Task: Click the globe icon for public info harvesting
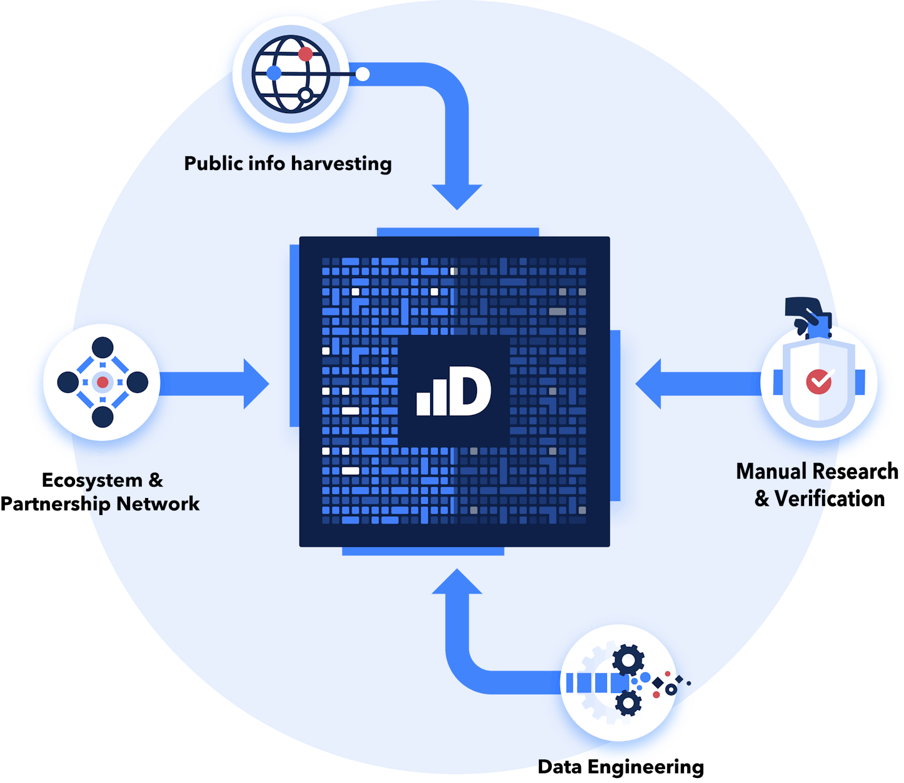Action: [291, 74]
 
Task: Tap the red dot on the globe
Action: [305, 54]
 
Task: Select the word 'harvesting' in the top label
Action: [341, 164]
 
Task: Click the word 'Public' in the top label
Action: [213, 163]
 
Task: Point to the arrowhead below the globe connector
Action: [457, 197]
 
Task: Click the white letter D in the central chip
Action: [470, 391]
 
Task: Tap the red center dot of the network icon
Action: [103, 382]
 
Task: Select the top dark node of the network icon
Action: [103, 347]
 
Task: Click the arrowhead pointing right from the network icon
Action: [256, 384]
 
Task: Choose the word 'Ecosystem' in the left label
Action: [93, 480]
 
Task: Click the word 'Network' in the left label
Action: [158, 504]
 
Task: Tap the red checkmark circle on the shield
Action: [818, 382]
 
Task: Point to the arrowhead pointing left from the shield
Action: [648, 384]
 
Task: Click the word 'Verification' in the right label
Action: [830, 499]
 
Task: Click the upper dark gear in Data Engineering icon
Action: [628, 660]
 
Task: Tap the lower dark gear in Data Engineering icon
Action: [628, 703]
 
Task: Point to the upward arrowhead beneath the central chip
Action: [457, 581]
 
